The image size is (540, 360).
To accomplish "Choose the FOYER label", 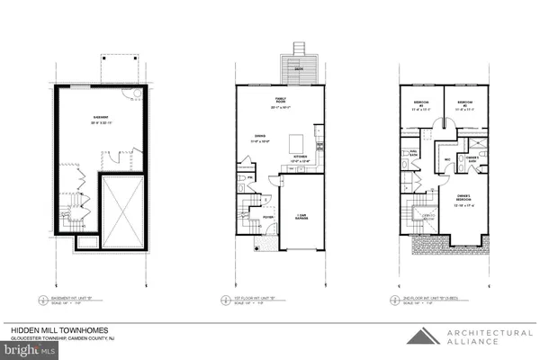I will [x=267, y=215].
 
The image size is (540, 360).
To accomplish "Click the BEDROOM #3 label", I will [x=419, y=103].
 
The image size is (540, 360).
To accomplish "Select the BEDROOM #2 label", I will [x=463, y=103].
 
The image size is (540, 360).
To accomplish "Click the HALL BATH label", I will [x=416, y=154].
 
